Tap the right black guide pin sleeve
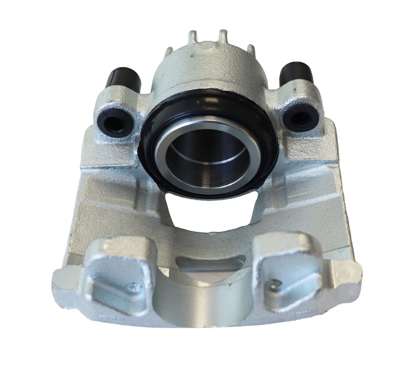pyautogui.click(x=297, y=74)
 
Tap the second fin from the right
pyautogui.click(x=223, y=35)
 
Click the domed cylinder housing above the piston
pyautogui.click(x=208, y=68)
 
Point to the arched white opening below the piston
pyautogui.click(x=208, y=213)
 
